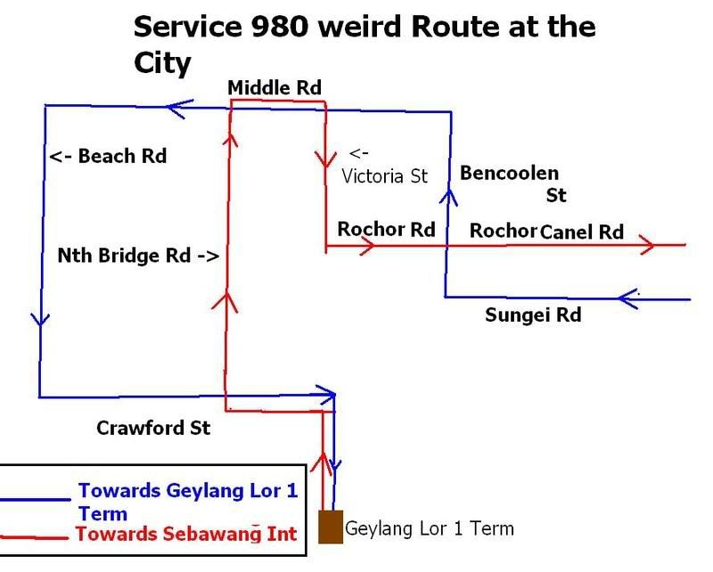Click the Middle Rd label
point(274,86)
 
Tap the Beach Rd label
point(108,157)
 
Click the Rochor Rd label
point(385,230)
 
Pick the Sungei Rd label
point(533,315)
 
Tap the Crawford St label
point(153,428)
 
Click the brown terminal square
point(331,526)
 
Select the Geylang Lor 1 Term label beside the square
point(429,527)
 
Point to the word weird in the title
point(355,27)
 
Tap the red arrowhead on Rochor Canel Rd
point(648,244)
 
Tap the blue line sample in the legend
point(36,500)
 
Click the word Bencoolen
point(509,174)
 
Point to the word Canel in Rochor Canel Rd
point(568,232)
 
